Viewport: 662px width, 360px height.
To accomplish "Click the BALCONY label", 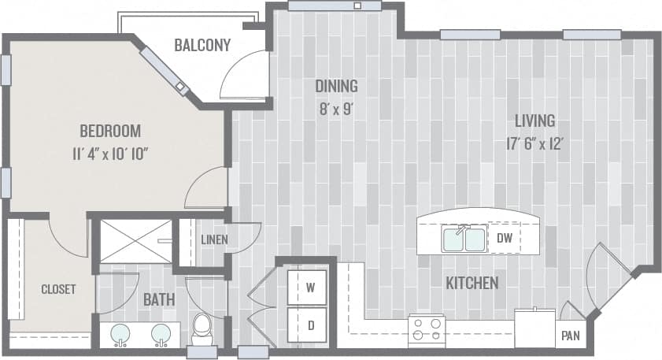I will (x=202, y=45).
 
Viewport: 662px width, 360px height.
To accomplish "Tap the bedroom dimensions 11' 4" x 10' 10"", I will (x=109, y=152).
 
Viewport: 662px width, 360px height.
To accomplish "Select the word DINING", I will (x=336, y=86).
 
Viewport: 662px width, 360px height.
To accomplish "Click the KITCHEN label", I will (x=472, y=283).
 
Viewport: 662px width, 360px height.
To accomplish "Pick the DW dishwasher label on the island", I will (x=505, y=236).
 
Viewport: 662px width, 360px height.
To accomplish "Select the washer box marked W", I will (x=310, y=288).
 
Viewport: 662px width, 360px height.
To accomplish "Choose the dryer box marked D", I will (x=310, y=325).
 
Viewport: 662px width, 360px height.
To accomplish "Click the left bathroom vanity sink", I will (x=120, y=334).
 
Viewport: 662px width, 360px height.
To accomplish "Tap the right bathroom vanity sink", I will (x=161, y=334).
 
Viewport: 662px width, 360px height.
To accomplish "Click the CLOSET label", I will (x=58, y=289).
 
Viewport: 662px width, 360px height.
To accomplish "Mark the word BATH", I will (x=158, y=299).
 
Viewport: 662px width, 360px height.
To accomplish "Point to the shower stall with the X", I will (x=135, y=240).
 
